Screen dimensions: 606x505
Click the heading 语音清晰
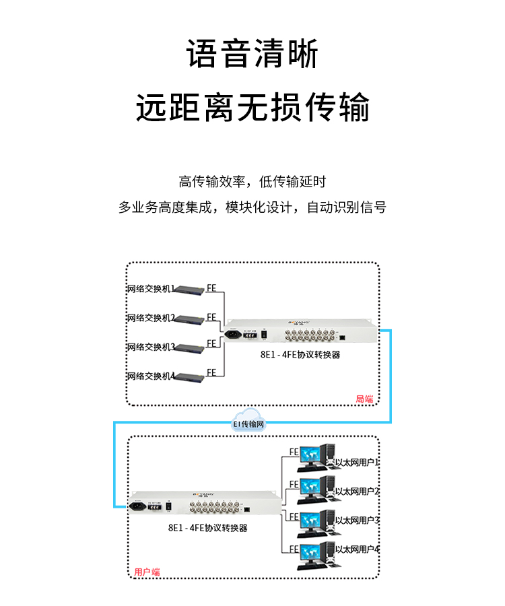[252, 54]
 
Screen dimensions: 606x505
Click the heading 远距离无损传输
[252, 107]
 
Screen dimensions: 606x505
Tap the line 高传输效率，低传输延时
[252, 181]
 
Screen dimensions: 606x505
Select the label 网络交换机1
[151, 290]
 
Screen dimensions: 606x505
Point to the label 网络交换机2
[151, 318]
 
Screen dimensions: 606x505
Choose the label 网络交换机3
[151, 347]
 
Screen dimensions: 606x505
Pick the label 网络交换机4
[151, 376]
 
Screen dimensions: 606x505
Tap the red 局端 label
[364, 399]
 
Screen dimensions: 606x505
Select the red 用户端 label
[147, 572]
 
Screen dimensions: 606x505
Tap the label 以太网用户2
[358, 492]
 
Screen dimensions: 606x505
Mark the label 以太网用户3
[358, 520]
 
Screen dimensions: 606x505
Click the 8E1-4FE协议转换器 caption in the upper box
[300, 354]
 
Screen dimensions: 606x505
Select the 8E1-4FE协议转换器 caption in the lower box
[208, 528]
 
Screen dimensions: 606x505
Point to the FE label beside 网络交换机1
[211, 288]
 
